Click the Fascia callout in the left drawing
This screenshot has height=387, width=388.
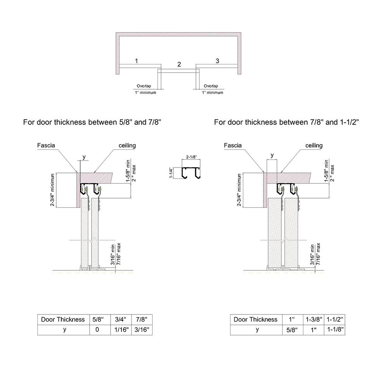click(x=46, y=145)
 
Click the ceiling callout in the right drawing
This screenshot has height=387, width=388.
click(x=314, y=145)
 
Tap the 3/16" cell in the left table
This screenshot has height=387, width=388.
click(x=142, y=330)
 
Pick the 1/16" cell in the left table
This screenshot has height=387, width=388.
click(x=121, y=330)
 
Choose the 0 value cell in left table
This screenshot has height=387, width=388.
click(x=97, y=330)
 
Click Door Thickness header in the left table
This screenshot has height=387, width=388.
click(x=62, y=320)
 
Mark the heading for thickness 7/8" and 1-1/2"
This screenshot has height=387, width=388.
click(x=286, y=122)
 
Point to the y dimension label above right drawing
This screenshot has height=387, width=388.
click(x=272, y=155)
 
